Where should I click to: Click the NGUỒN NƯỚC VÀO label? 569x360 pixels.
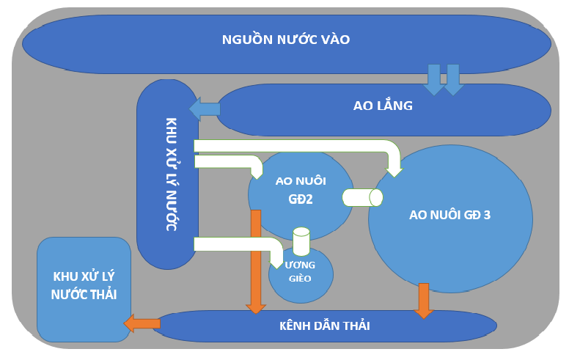tap(286, 40)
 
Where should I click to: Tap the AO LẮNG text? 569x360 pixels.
tap(383, 106)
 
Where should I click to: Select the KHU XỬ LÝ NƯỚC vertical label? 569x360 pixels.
tap(170, 174)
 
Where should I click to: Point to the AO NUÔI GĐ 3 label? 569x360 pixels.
tap(449, 215)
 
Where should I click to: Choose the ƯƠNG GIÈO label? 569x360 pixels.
tap(301, 271)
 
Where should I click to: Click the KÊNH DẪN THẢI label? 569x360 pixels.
tap(325, 326)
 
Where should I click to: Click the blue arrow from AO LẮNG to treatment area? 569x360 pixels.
tap(205, 109)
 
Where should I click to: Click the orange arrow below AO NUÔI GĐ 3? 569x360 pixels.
tap(424, 300)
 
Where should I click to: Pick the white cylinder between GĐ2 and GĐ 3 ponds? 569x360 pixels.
tap(362, 197)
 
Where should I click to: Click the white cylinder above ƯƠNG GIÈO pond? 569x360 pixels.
tap(301, 241)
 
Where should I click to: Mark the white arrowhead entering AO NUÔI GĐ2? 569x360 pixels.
tap(257, 172)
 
